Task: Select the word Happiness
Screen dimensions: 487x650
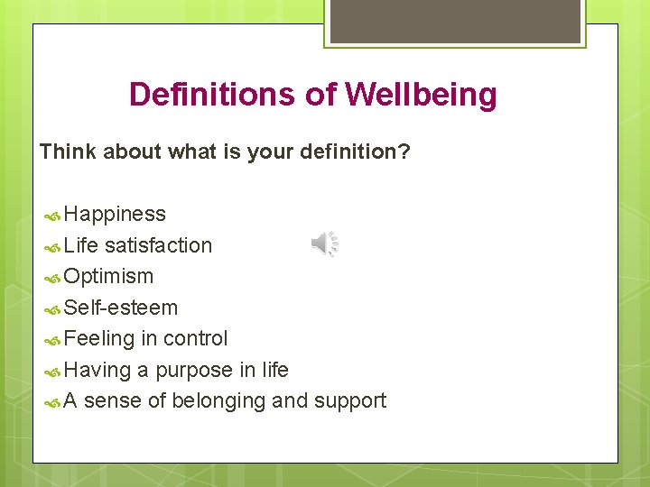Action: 115,215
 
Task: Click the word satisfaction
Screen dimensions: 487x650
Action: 158,245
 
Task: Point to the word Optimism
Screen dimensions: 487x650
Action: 109,276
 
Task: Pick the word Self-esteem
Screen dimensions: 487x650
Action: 121,308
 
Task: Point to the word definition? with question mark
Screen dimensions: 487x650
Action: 354,152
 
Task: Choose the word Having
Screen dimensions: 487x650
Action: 97,370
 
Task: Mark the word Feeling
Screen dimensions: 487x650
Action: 99,338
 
